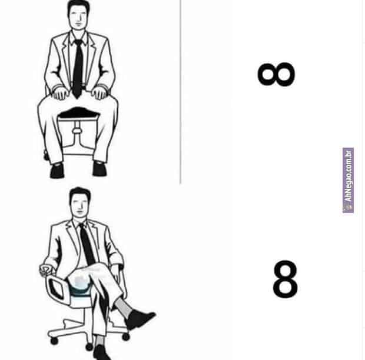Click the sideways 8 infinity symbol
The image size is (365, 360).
[x=276, y=74]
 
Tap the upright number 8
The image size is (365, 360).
[x=285, y=279]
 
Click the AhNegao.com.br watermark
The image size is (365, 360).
[x=348, y=180]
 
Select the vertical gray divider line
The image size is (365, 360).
[x=181, y=92]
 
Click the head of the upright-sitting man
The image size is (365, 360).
[x=78, y=15]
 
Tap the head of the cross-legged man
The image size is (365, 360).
[x=80, y=202]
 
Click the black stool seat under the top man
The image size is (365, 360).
[x=78, y=113]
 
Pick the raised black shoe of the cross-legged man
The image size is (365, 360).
[x=139, y=319]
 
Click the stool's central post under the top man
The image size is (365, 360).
[x=77, y=132]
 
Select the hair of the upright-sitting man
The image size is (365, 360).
[x=78, y=6]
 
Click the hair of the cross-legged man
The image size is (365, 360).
[x=80, y=194]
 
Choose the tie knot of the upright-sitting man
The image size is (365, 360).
[x=78, y=43]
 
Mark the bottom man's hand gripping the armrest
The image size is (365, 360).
[x=45, y=270]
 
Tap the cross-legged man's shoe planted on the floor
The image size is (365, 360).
[x=101, y=352]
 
